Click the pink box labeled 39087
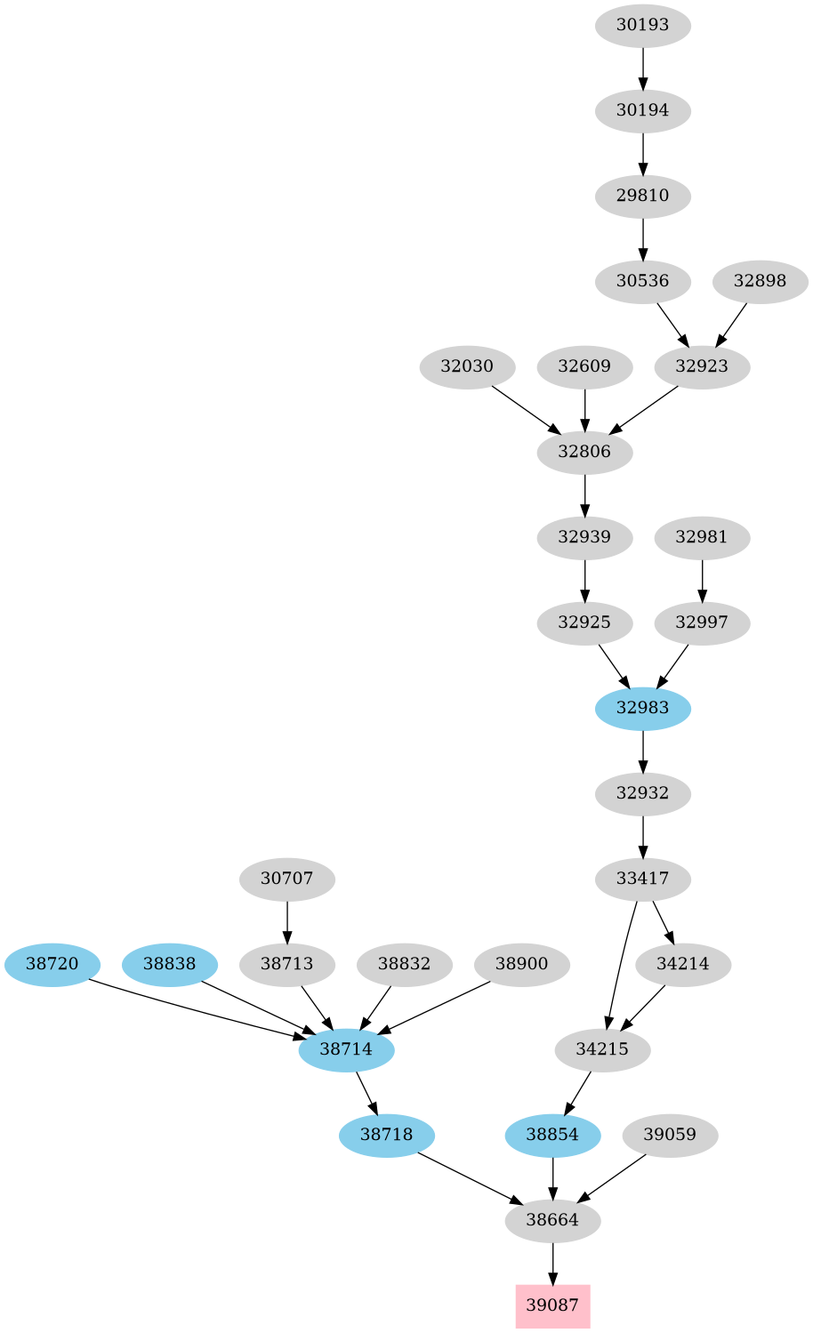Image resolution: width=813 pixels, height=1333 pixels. (552, 1305)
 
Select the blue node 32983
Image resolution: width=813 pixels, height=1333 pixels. (642, 708)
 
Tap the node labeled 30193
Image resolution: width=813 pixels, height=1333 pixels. (642, 26)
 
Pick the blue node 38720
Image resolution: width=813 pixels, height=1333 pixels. (52, 963)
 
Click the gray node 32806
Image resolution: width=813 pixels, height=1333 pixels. (584, 452)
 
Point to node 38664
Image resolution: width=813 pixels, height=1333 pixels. (552, 1220)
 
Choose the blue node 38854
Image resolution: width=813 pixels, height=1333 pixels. (552, 1135)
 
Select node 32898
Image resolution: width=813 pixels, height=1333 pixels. (760, 282)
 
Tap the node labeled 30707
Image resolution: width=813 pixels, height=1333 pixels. (286, 879)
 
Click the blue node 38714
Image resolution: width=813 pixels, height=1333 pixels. (346, 1049)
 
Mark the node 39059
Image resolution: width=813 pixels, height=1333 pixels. (670, 1135)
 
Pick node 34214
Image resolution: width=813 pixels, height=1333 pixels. (683, 964)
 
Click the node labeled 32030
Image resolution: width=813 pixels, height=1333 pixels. (467, 366)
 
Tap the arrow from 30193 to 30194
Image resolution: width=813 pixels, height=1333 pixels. (642, 68)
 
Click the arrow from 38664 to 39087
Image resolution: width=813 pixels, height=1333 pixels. (552, 1263)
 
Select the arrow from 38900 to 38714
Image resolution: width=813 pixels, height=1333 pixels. (435, 1007)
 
